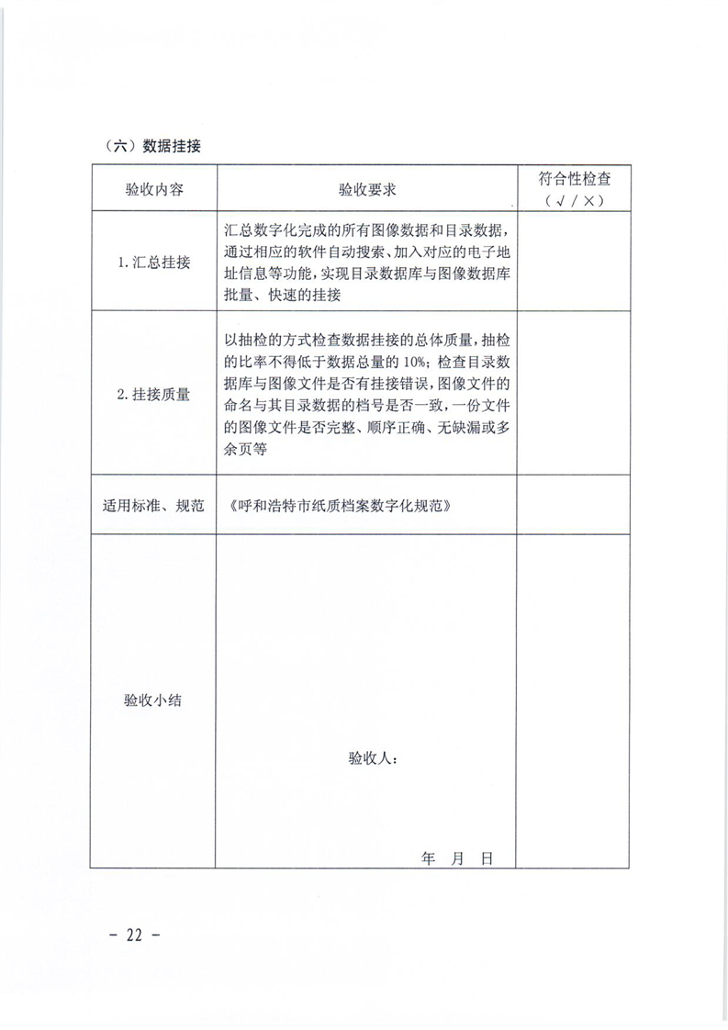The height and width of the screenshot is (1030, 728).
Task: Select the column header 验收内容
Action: click(153, 190)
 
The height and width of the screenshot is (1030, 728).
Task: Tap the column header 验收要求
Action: click(366, 190)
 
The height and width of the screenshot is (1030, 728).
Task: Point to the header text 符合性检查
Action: click(573, 180)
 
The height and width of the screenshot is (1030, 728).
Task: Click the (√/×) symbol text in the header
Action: click(573, 201)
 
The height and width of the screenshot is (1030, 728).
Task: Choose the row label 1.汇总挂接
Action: click(153, 262)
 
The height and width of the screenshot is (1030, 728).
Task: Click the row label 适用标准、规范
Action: click(153, 505)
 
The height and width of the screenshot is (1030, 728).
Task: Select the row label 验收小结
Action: click(153, 700)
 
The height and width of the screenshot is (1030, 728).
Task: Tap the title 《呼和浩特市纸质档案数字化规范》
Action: click(340, 505)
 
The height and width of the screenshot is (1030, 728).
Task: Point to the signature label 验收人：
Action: click(372, 759)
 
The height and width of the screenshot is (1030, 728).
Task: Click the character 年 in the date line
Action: click(428, 857)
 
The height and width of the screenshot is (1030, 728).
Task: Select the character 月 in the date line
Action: click(458, 857)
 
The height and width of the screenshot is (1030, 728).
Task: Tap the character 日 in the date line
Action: click(487, 857)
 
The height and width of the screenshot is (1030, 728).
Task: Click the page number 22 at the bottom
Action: click(134, 935)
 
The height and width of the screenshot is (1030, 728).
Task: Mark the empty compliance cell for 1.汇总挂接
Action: click(573, 262)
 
